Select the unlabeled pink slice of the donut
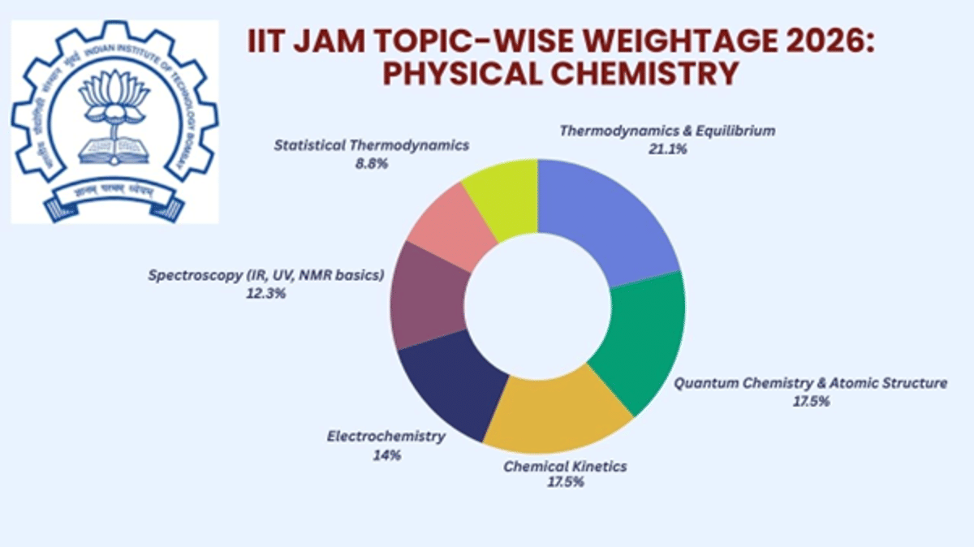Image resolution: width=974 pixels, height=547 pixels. pos(450,231)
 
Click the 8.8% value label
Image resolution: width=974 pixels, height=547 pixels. pos(371,163)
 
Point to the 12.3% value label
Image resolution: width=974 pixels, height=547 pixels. pos(265,293)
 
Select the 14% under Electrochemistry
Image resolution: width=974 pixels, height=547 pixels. pos(386,454)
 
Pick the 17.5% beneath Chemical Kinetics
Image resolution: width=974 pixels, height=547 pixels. pos(565,482)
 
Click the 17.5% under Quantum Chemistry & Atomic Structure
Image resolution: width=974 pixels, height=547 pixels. pos(810,401)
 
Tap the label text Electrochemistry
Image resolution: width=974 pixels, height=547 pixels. pos(386,437)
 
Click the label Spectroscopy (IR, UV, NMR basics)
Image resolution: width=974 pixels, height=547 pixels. pos(265,275)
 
